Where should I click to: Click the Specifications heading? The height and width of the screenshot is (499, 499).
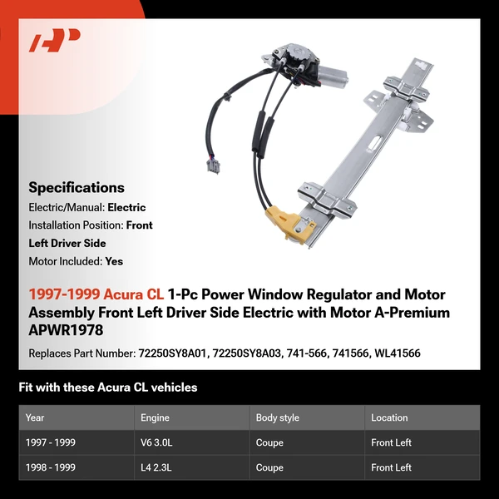coord(77,187)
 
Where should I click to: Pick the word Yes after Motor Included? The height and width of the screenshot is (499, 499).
coord(114,261)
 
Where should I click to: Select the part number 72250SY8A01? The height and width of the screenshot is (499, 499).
coord(175,353)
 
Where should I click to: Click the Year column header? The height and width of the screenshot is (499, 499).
coord(35,417)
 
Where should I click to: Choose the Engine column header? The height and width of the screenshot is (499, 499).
coord(156,417)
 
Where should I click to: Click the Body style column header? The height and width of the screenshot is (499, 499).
coord(278,417)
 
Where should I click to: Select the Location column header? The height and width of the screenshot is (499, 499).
coord(389,417)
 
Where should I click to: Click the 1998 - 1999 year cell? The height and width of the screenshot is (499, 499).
coord(51,467)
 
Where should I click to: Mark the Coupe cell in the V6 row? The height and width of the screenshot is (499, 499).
coord(270,442)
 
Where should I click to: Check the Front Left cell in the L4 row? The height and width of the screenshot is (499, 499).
coord(392,467)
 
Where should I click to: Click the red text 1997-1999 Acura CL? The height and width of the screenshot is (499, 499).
coord(96,294)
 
